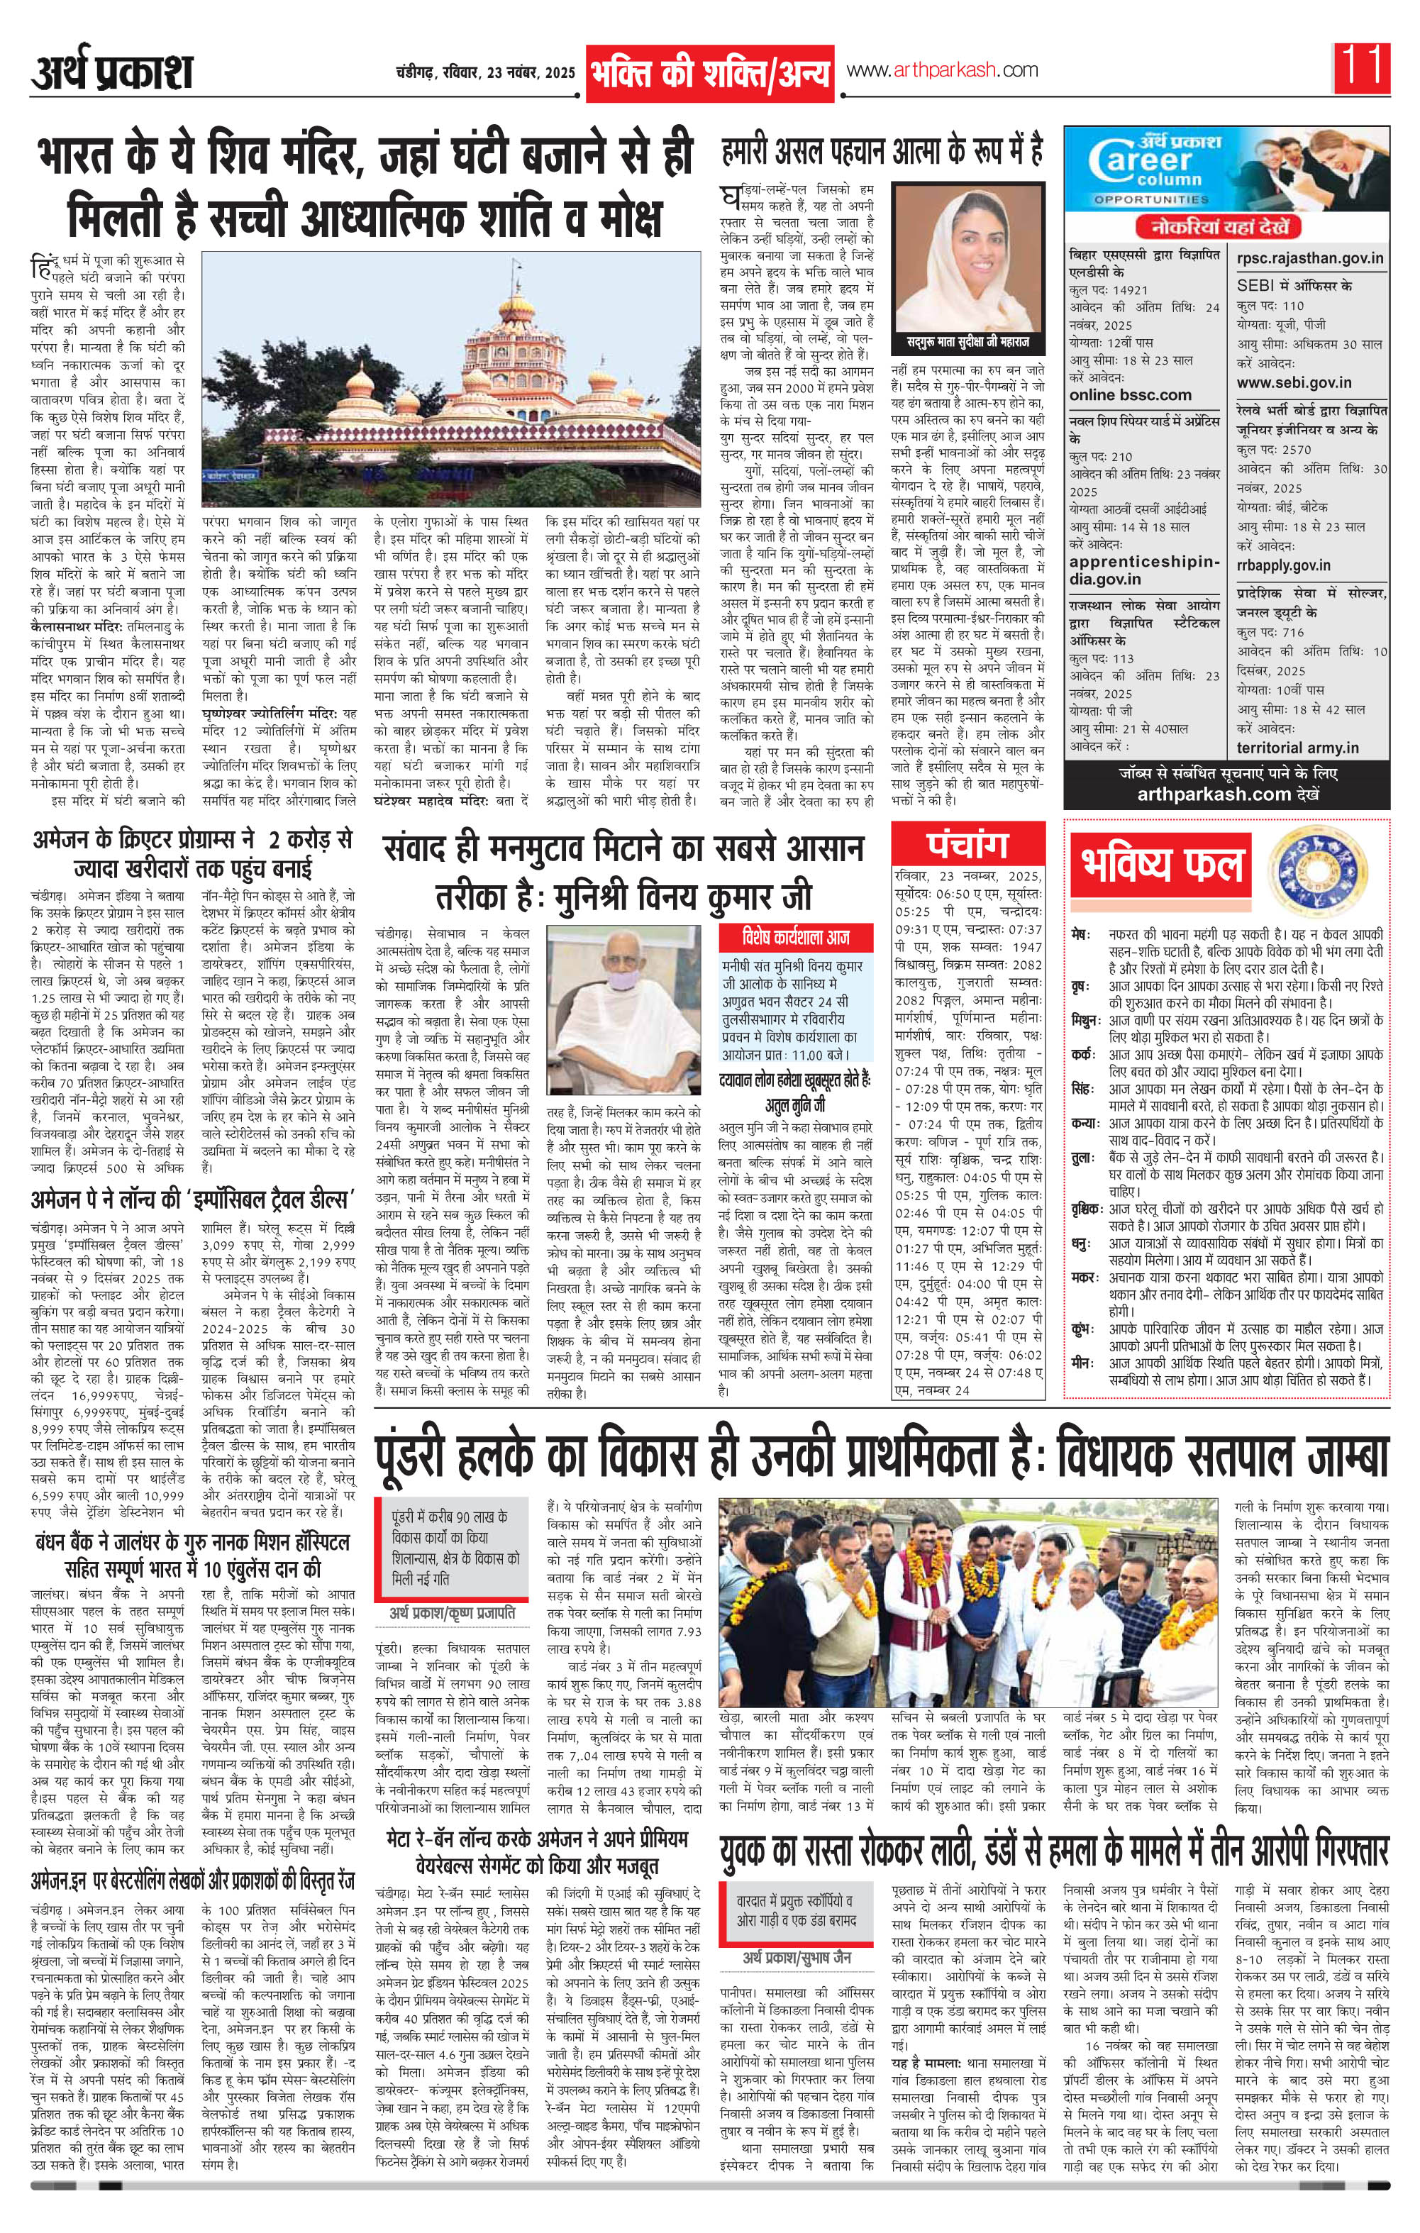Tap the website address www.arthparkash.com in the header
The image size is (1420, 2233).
coord(941,70)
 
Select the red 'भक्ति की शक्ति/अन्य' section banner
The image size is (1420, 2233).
coord(709,72)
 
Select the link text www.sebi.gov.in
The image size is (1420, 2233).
coord(1294,382)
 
